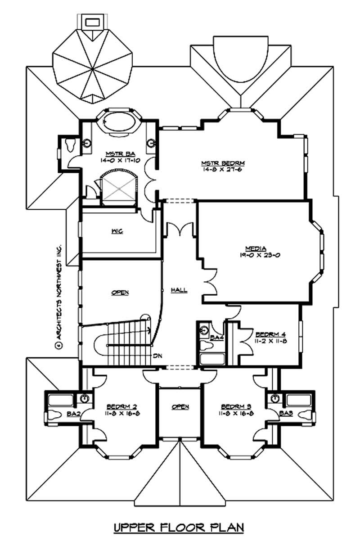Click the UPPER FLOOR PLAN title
179,526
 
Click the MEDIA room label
256,248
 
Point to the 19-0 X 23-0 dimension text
256,255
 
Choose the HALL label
179,290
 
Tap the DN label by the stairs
157,356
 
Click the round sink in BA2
85,398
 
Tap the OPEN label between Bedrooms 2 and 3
180,407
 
